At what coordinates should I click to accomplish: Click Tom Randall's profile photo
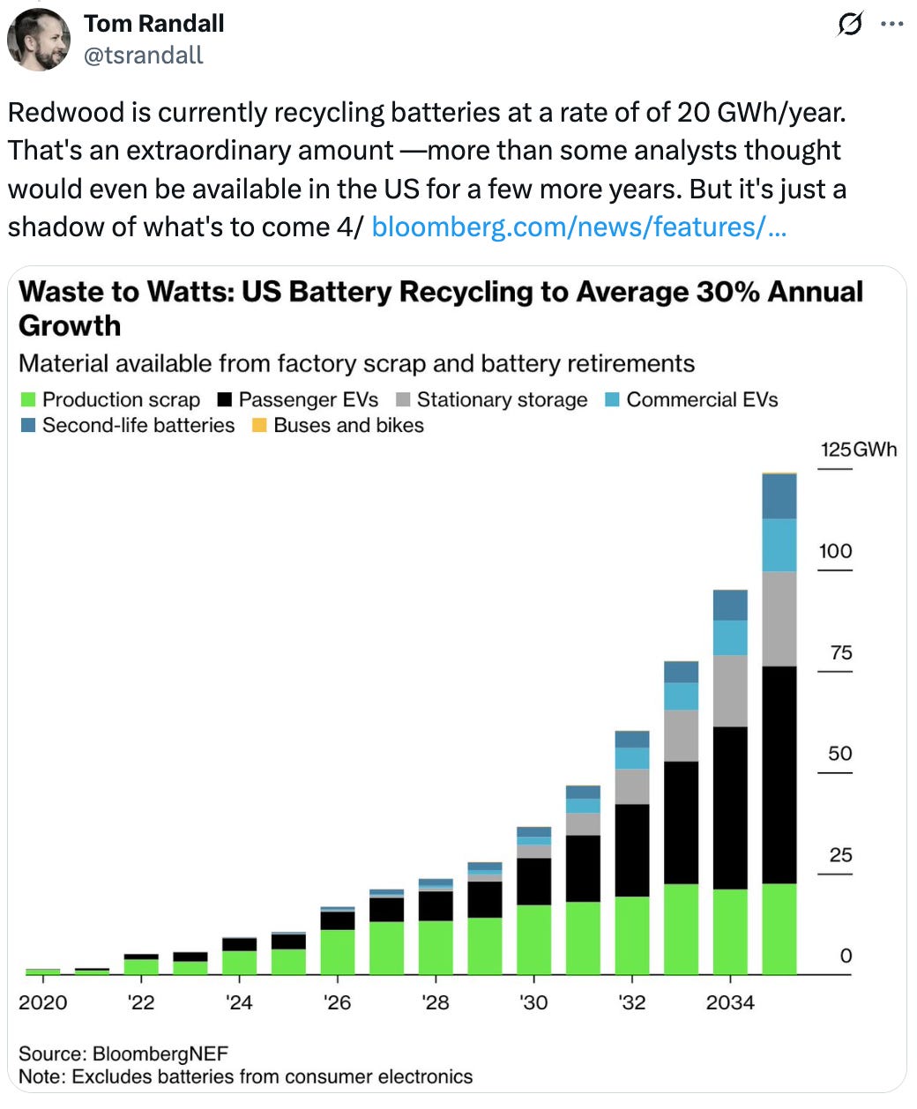[x=39, y=40]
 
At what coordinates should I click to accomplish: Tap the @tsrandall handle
[x=143, y=56]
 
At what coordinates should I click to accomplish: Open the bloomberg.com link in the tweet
[x=578, y=227]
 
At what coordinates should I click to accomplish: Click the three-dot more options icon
[x=891, y=25]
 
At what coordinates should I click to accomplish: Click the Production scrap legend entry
[x=111, y=399]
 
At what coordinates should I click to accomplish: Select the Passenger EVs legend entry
[x=298, y=399]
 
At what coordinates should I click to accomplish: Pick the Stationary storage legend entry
[x=492, y=399]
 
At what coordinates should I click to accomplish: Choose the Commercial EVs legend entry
[x=692, y=399]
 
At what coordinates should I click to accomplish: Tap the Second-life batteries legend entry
[x=128, y=425]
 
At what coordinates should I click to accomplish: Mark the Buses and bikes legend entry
[x=339, y=425]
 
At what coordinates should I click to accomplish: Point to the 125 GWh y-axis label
[x=857, y=450]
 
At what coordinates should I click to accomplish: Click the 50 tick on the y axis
[x=839, y=754]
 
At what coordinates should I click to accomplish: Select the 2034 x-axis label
[x=730, y=1002]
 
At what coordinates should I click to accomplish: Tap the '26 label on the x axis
[x=337, y=1002]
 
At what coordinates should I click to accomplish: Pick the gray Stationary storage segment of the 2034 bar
[x=730, y=690]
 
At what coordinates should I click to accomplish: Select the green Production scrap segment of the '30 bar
[x=533, y=939]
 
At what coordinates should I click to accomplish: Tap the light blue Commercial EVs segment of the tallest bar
[x=779, y=545]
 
